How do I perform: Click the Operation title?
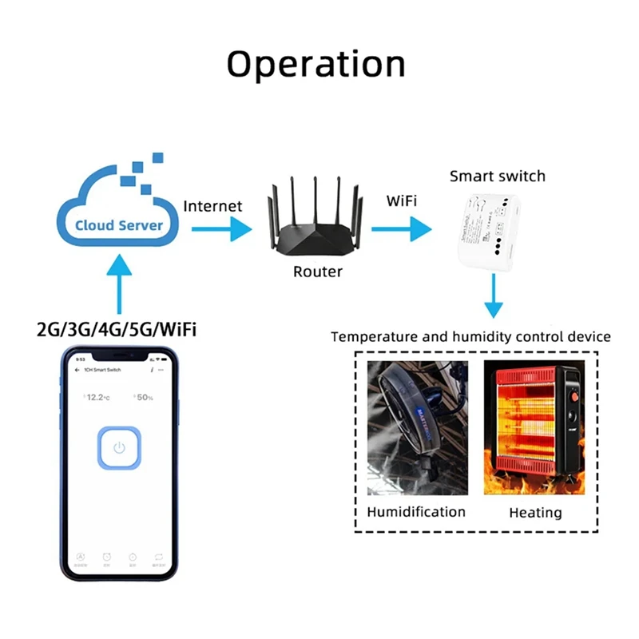pyautogui.click(x=316, y=64)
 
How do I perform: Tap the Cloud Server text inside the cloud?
pyautogui.click(x=119, y=225)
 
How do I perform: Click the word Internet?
pyautogui.click(x=212, y=205)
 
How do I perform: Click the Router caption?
pyautogui.click(x=317, y=272)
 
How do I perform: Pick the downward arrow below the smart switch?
pyautogui.click(x=495, y=296)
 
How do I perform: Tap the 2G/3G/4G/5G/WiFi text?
pyautogui.click(x=117, y=329)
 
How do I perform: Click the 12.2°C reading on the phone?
pyautogui.click(x=98, y=397)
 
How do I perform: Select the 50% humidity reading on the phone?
pyautogui.click(x=145, y=397)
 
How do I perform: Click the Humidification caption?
pyautogui.click(x=416, y=511)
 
